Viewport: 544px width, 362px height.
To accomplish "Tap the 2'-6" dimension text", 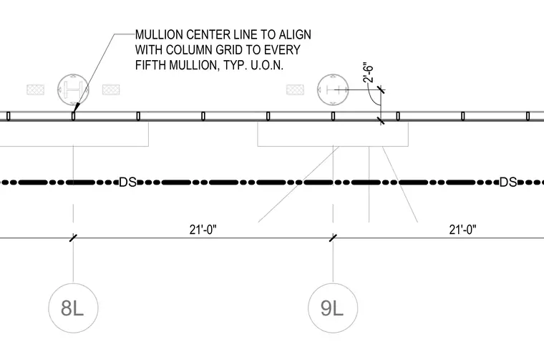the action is click(369, 73).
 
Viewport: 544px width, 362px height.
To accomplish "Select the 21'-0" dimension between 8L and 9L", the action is click(203, 230).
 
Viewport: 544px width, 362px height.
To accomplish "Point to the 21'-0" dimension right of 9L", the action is click(463, 230).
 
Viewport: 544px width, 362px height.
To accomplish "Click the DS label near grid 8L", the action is click(127, 182).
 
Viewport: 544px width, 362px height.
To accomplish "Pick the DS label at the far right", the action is click(508, 182).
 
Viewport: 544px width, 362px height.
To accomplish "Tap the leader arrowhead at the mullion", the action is click(76, 107).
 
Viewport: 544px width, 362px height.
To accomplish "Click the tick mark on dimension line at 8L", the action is click(73, 238).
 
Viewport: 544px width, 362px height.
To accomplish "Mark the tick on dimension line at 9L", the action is click(333, 238).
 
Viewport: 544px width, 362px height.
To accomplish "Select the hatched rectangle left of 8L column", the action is click(36, 89).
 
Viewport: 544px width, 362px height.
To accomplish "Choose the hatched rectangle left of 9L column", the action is click(295, 89).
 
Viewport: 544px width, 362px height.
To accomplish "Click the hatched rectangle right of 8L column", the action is click(111, 89).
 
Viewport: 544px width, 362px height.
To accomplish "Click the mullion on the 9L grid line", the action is click(333, 116).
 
